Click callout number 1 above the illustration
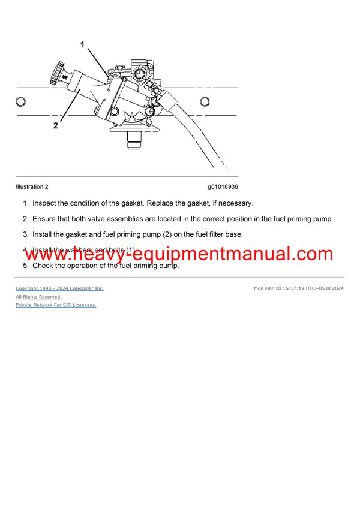coord(83,44)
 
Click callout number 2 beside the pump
coord(55,125)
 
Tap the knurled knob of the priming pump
coord(56,76)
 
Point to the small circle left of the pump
coord(21,101)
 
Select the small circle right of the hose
coord(205,101)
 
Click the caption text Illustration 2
coord(32,186)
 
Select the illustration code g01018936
coord(223,186)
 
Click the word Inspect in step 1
coord(45,203)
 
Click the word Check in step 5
coord(43,266)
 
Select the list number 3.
coord(25,234)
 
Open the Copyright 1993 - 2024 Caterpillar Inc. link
coord(59,288)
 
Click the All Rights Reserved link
coord(38,297)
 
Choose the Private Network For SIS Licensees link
coord(56,305)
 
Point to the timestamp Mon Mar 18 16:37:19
coord(280,288)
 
